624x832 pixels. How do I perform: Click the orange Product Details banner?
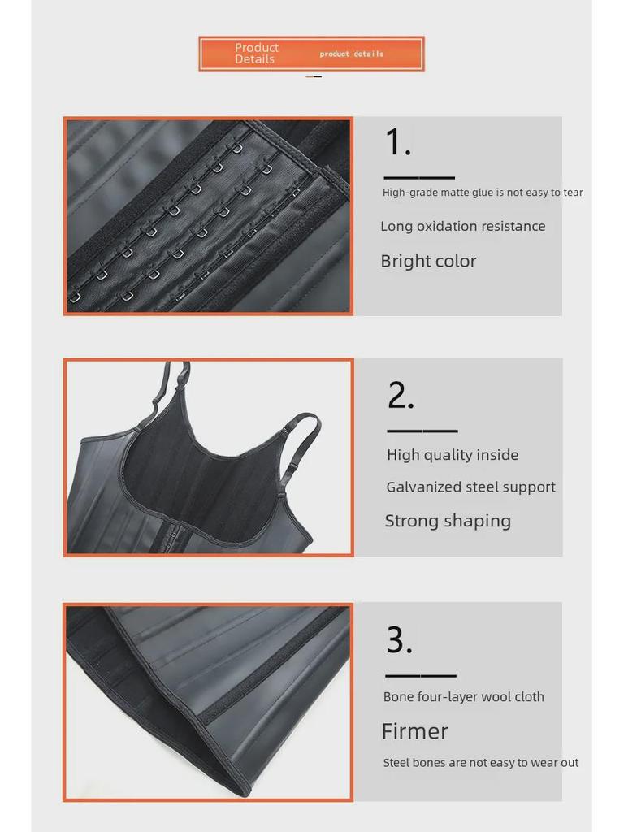(311, 54)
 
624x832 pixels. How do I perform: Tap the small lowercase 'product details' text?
(351, 54)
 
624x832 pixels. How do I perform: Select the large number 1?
(397, 143)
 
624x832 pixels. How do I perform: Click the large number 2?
(401, 396)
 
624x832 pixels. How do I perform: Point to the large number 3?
(399, 640)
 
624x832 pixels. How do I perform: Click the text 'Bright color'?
(428, 262)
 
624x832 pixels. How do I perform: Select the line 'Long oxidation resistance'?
(462, 227)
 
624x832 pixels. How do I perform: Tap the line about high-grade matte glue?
(483, 193)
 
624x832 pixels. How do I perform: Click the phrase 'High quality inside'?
(453, 455)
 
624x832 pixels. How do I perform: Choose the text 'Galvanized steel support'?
(470, 487)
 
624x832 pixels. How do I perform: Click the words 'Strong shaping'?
(448, 522)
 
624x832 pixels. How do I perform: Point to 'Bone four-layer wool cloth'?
(463, 697)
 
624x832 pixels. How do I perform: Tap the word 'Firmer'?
(414, 731)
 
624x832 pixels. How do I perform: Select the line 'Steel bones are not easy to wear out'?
(481, 763)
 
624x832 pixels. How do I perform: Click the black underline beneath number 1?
(418, 177)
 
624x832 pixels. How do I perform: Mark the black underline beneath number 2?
(422, 431)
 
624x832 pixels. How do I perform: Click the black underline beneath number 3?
(420, 675)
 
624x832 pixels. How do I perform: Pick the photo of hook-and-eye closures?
(208, 216)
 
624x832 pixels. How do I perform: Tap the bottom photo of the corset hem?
(208, 702)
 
